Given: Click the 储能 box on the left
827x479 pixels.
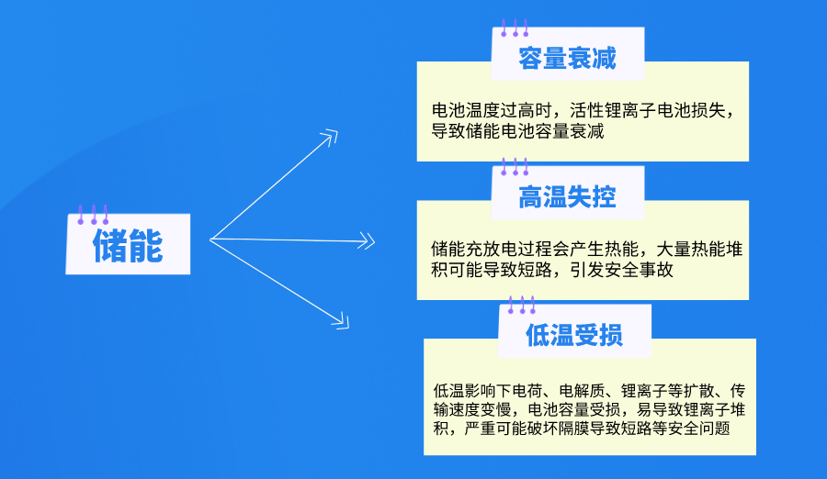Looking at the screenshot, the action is click(x=128, y=245).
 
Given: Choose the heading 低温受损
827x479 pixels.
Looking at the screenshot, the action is click(x=574, y=335).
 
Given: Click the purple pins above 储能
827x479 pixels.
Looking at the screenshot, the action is click(x=93, y=215).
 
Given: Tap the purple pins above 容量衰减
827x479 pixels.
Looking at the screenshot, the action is click(x=514, y=28).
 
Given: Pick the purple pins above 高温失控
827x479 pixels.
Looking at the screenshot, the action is click(x=514, y=167).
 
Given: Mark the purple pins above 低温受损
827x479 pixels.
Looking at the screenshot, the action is click(x=521, y=305).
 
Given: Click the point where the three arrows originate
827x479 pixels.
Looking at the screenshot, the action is click(x=212, y=239).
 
